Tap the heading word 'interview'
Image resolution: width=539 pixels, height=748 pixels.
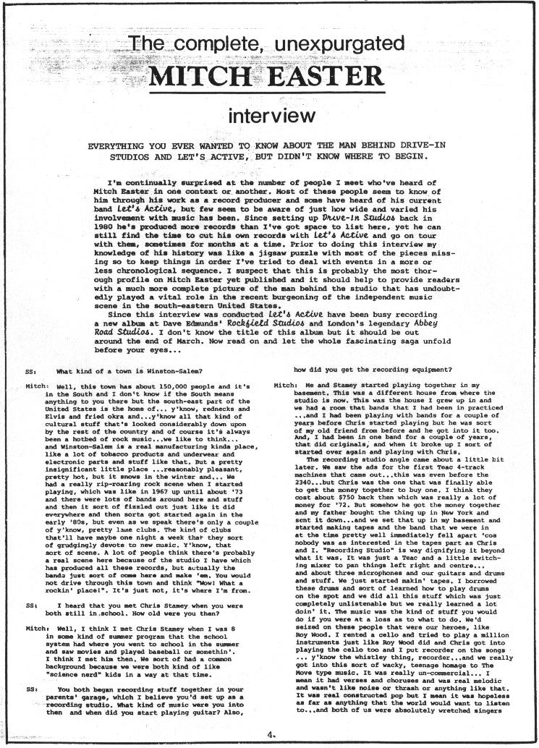(269, 115)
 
